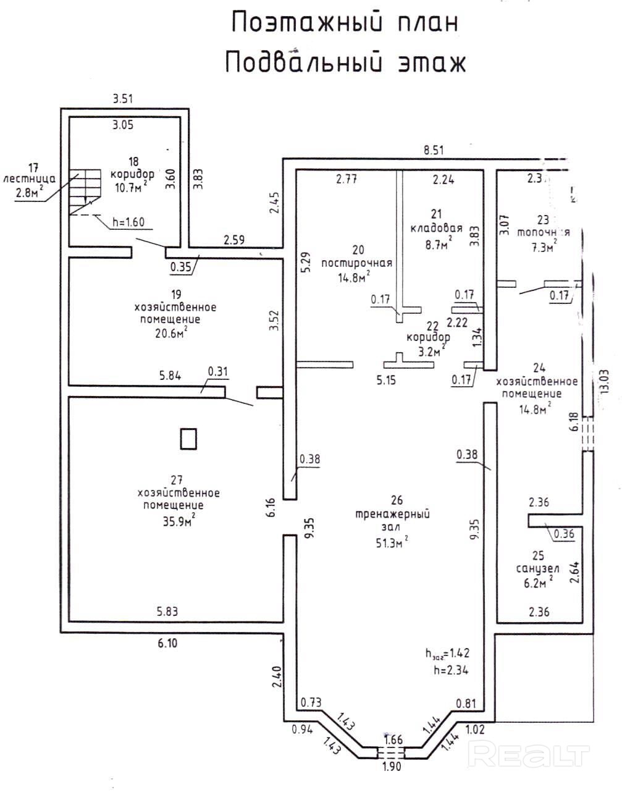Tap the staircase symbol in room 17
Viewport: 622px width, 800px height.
point(85,192)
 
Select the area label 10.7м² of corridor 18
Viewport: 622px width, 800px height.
point(128,186)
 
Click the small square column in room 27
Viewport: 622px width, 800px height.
point(188,439)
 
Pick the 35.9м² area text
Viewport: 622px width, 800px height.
point(179,520)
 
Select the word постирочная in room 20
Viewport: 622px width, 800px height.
point(357,263)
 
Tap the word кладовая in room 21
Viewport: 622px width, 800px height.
point(436,228)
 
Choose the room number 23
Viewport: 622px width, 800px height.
point(543,219)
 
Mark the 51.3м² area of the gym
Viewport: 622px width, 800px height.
point(392,542)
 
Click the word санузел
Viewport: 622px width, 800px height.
point(537,569)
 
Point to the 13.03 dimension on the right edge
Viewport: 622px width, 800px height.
point(606,381)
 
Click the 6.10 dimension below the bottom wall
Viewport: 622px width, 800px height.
point(167,643)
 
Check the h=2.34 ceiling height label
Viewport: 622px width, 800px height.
point(451,668)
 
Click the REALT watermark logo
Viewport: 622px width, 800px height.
point(529,754)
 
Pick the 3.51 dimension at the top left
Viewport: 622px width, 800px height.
point(123,98)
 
